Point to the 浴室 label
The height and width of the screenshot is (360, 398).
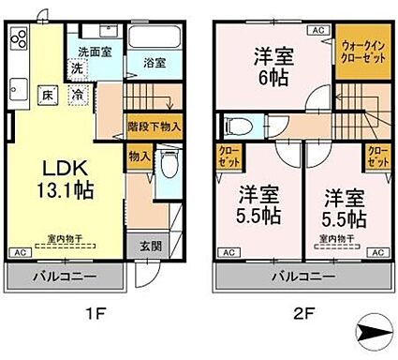click(x=155, y=63)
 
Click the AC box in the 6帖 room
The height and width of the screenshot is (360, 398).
click(x=317, y=31)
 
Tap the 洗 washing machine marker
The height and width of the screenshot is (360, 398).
click(x=78, y=70)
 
